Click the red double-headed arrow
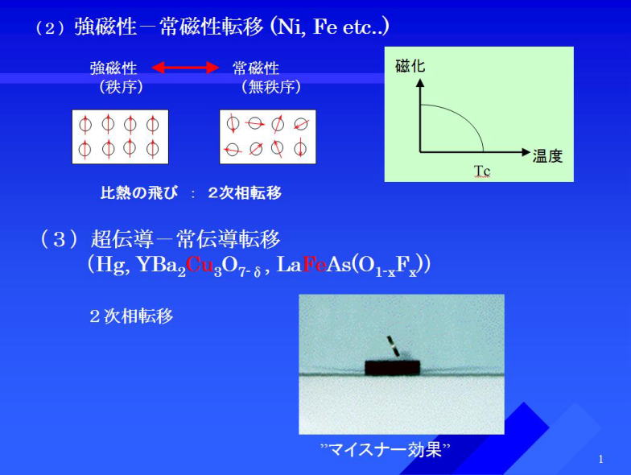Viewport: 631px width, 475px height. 185,68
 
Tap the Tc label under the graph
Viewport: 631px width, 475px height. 481,171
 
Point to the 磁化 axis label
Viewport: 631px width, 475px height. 410,66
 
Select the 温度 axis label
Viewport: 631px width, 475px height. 547,156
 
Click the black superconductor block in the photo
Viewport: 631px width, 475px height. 393,367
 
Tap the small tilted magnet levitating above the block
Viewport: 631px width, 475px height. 393,346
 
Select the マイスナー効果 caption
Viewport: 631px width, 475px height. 385,449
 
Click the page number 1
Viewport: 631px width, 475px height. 600,459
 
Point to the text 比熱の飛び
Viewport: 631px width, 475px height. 138,193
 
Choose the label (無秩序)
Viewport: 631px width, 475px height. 271,87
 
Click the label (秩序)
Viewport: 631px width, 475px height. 121,87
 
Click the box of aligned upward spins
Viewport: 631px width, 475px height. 121,137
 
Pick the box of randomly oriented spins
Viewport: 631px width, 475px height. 267,137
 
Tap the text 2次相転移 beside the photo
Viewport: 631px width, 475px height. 131,316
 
